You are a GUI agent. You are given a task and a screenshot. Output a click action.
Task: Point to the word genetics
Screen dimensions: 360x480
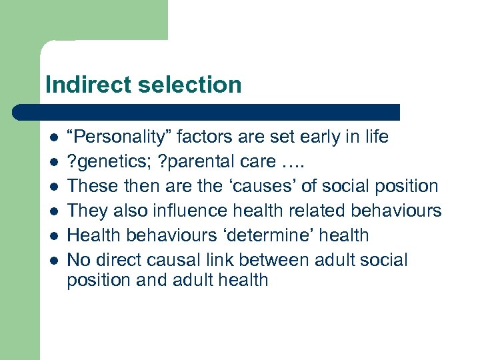tap(107, 162)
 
